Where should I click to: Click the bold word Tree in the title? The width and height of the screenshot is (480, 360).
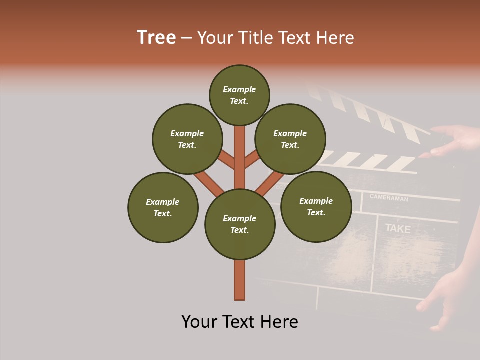156,37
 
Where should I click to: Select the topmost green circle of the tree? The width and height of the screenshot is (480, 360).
239,95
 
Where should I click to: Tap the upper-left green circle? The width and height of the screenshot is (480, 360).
187,139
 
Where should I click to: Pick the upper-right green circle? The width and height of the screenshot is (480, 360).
290,139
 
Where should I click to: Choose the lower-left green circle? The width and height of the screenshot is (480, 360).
163,207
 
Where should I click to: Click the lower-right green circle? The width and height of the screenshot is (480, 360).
316,206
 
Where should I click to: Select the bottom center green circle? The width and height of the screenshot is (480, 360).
240,224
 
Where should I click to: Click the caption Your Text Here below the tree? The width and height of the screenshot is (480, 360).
240,321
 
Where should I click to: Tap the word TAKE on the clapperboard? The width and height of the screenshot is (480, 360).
398,229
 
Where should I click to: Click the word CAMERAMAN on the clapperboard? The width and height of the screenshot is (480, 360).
389,198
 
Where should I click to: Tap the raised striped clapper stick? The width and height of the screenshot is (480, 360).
370,112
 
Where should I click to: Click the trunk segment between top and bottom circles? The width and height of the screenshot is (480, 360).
240,157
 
